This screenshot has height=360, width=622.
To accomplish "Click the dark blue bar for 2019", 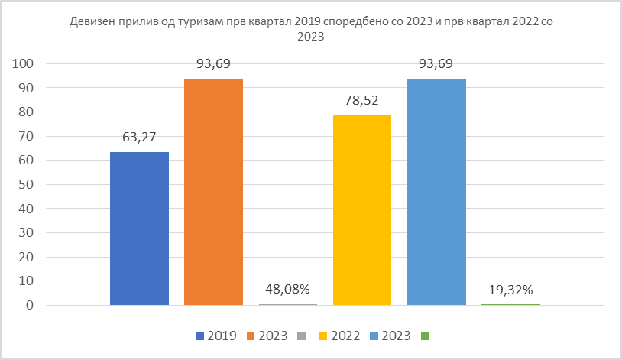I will point(139,229).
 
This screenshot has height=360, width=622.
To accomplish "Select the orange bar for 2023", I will point(213,192).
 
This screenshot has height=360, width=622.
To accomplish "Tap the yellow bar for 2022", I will point(362,210).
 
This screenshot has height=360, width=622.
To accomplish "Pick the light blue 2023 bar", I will point(436,192).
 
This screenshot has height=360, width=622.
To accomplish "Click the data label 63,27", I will point(139,138).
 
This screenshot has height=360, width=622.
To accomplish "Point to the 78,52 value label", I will point(362,101).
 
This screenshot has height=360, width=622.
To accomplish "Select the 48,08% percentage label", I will point(287,290).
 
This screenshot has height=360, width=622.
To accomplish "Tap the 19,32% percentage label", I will point(510,290).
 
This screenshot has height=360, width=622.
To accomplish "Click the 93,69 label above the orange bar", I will point(213,64).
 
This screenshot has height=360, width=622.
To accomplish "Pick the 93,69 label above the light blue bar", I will point(436,64).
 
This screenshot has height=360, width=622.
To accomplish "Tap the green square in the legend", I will point(425,336).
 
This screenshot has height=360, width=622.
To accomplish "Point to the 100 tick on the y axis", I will point(25,64).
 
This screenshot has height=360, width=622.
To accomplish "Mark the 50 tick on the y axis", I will point(28,185).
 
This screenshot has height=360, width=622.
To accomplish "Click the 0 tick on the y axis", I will point(31,306).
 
